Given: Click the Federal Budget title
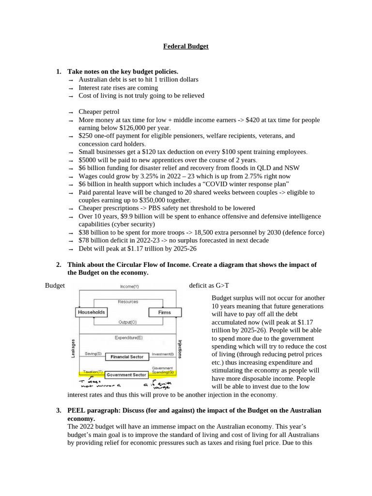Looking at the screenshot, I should tap(186, 46).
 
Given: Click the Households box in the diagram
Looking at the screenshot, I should tap(91, 312).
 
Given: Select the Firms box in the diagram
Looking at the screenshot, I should tap(164, 312).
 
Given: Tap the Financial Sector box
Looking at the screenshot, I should tap(127, 357).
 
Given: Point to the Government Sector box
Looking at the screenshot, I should tap(126, 374).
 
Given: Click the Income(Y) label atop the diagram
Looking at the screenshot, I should tap(129, 286).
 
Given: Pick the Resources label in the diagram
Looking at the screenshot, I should tap(128, 302).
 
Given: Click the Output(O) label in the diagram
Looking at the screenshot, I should tap(127, 322).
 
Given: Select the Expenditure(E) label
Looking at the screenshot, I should tap(128, 337).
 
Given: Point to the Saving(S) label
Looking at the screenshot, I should tap(93, 354).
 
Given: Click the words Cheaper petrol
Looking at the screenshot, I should tap(99, 112).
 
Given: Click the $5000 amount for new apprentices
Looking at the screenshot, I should tap(88, 160).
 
